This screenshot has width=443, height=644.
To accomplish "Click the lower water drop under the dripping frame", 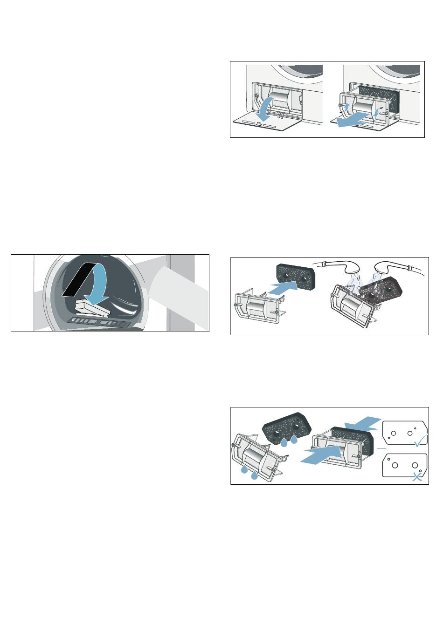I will tap(254, 475).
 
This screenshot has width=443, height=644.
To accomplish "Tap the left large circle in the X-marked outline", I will tap(395, 465).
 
